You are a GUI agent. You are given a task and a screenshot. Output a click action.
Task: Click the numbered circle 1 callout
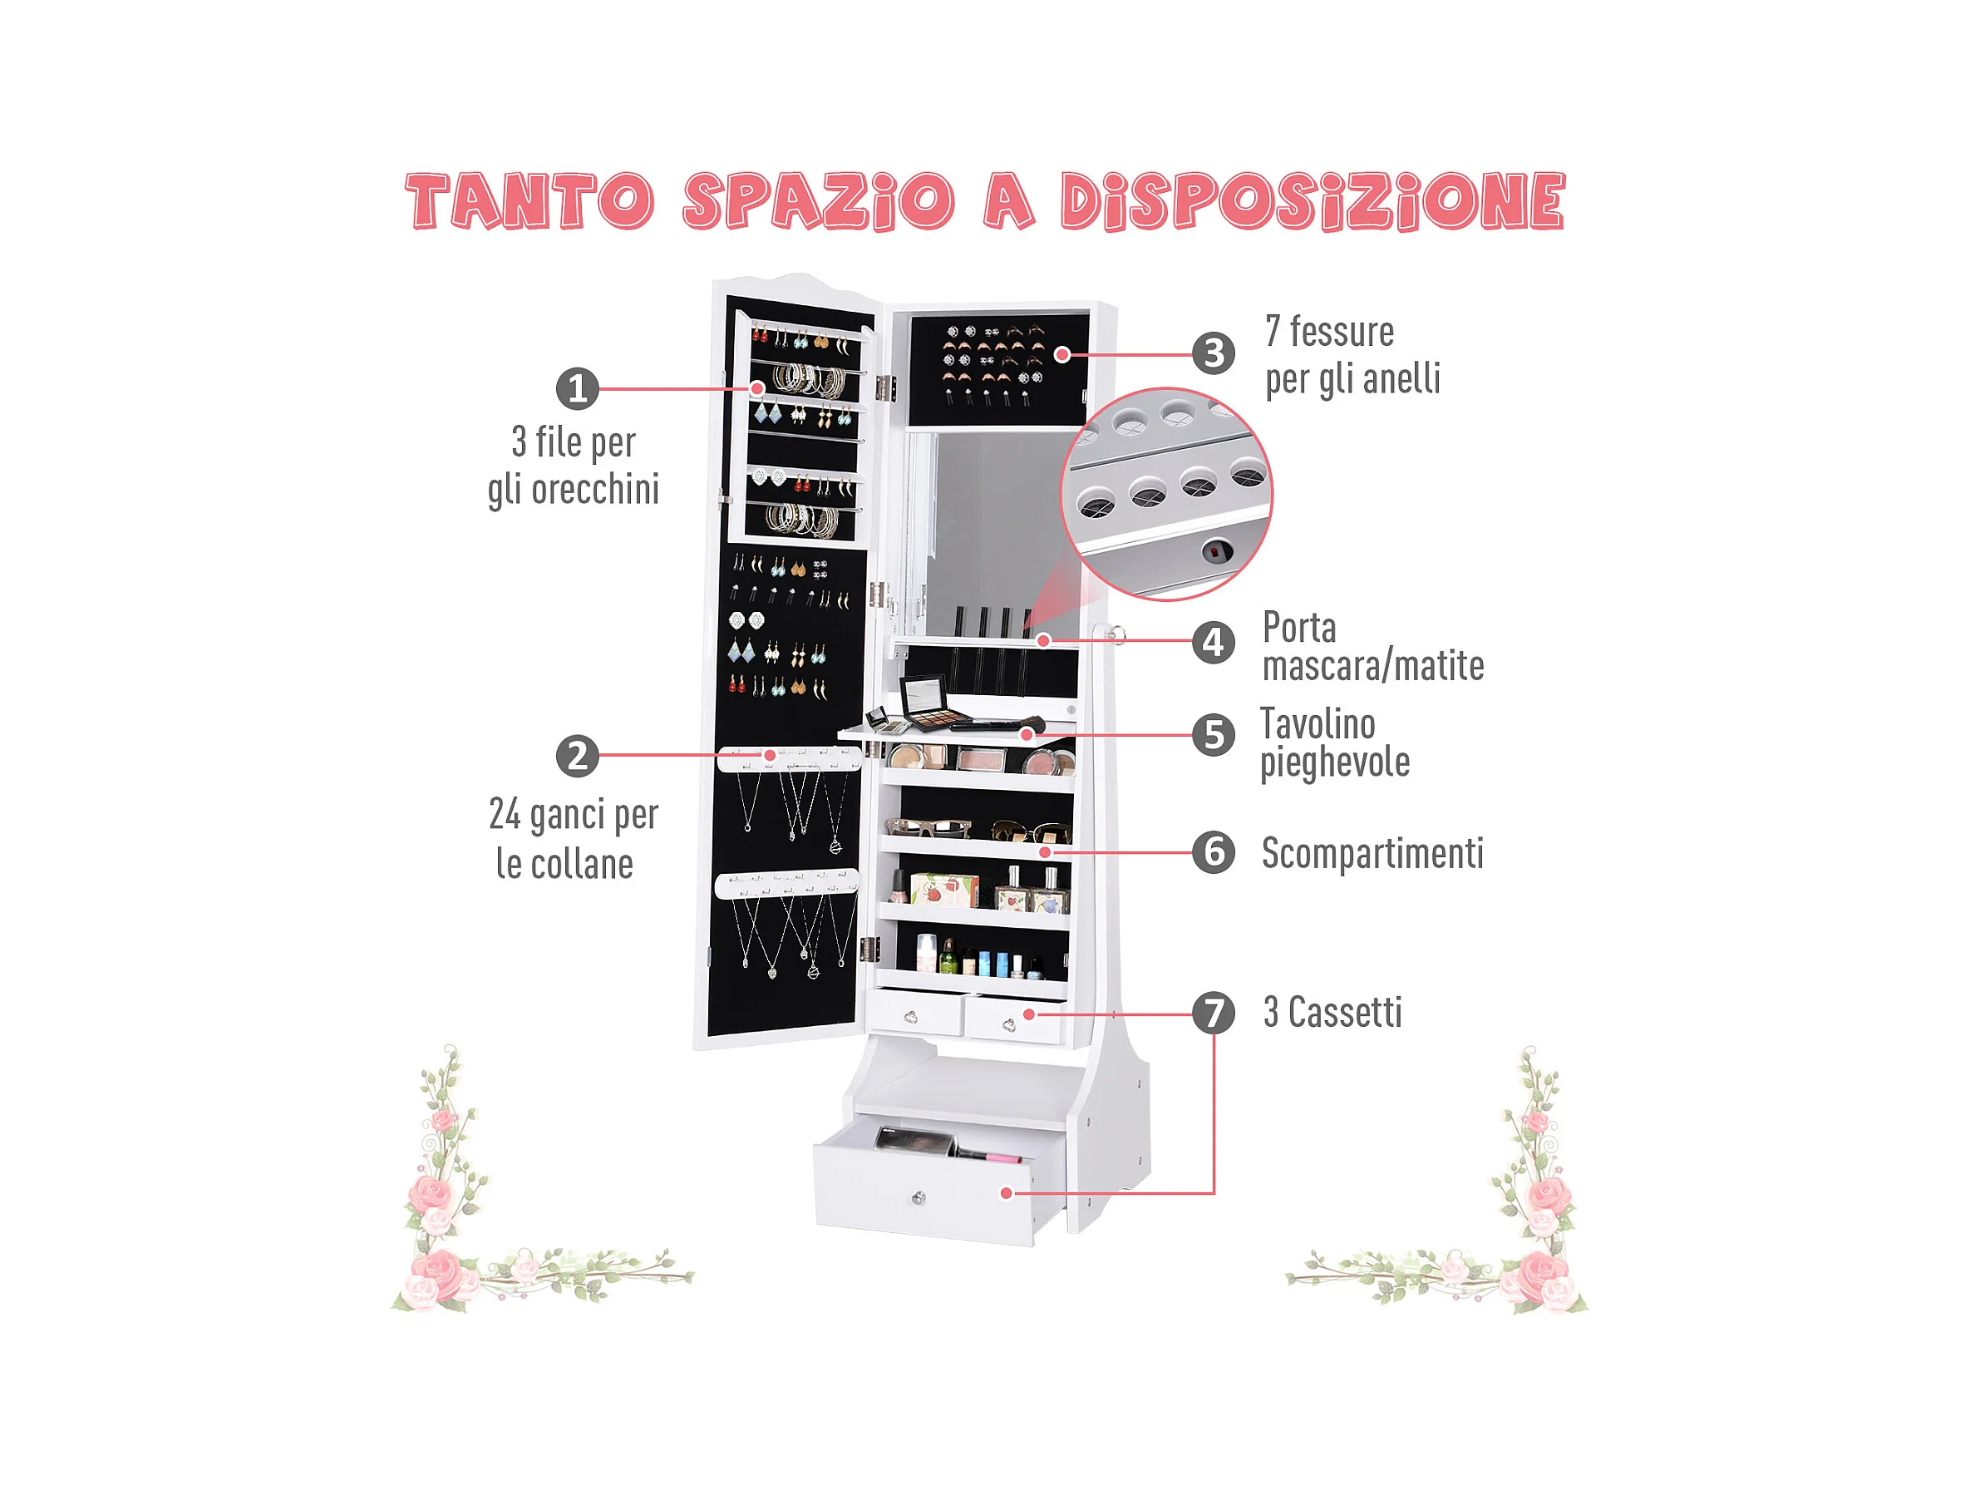578,388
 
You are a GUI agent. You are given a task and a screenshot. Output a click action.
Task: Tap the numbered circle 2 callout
578,756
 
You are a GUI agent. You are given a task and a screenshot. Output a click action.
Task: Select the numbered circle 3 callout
1214,353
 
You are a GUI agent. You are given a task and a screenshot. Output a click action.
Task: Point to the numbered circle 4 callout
1214,642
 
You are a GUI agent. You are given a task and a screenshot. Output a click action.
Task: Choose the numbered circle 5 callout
1214,735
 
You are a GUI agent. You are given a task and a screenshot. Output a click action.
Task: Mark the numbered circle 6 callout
1214,852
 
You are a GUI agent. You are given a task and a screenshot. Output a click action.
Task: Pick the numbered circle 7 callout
1214,1014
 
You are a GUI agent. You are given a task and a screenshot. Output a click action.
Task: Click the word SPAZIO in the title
819,200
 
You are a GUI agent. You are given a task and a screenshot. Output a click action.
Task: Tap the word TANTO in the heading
529,200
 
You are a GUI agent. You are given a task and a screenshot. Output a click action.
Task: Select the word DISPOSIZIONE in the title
1313,200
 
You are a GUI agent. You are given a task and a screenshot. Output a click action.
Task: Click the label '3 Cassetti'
1332,1013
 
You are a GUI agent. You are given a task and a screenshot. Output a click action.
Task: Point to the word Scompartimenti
1372,853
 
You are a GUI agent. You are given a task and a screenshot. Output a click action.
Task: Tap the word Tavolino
1318,724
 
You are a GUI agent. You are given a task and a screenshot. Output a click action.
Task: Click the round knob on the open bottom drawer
919,1197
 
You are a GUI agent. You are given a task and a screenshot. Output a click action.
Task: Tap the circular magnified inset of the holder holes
1166,493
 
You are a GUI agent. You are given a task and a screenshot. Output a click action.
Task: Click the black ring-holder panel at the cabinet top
999,370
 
